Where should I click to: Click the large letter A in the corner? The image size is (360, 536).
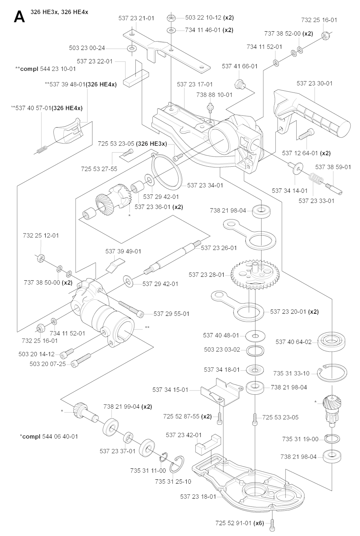coord(19,17)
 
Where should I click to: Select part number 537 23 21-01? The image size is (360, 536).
coord(136,18)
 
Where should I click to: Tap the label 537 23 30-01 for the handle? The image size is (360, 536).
coord(314,83)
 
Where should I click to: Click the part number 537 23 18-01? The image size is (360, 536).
coord(198,497)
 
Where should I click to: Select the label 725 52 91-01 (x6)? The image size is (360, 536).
coord(239,523)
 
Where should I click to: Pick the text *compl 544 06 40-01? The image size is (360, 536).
coord(49,436)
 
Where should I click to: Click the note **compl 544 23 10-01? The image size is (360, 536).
coord(46,69)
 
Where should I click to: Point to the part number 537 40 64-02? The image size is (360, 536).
coord(294,342)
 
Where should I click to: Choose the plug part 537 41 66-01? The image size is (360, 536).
coord(239,84)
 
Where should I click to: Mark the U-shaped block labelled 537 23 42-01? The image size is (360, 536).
coord(207,448)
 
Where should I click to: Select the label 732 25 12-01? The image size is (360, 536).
coord(41,235)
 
